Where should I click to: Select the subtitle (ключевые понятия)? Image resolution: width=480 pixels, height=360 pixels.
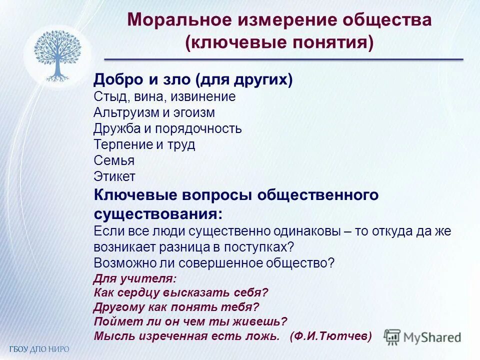[x=279, y=43]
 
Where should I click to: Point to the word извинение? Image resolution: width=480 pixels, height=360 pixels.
[x=205, y=96]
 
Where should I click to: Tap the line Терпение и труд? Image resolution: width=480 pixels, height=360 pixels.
[x=144, y=144]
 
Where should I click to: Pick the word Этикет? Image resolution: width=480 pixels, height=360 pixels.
[x=114, y=176]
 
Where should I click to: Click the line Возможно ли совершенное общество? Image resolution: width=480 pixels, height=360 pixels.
[x=213, y=263]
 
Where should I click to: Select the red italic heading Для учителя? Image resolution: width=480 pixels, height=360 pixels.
[x=135, y=278]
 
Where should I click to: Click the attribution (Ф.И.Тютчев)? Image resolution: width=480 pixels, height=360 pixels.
[x=330, y=336]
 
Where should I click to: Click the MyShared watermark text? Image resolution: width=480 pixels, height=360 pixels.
[x=433, y=337]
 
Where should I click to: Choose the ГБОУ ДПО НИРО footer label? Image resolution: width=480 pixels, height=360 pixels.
[x=38, y=348]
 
